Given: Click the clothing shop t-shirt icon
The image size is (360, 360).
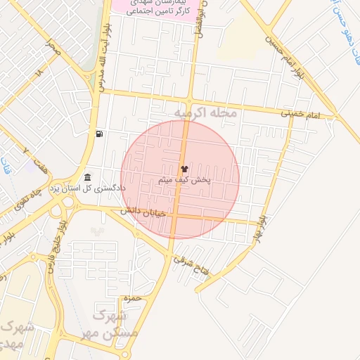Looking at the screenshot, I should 184,169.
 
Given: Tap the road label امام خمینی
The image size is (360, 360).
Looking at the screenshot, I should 300,112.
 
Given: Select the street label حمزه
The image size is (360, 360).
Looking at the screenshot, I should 133,299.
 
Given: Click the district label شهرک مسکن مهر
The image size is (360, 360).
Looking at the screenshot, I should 115,323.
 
